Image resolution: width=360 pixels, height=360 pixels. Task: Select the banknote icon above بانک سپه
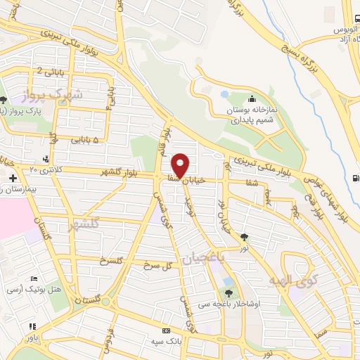pos(166,331)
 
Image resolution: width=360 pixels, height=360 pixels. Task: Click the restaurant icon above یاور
pos(32,326)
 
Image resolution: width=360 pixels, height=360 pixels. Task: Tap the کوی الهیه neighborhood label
pos(288,280)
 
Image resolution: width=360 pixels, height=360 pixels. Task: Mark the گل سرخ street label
pos(158,266)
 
